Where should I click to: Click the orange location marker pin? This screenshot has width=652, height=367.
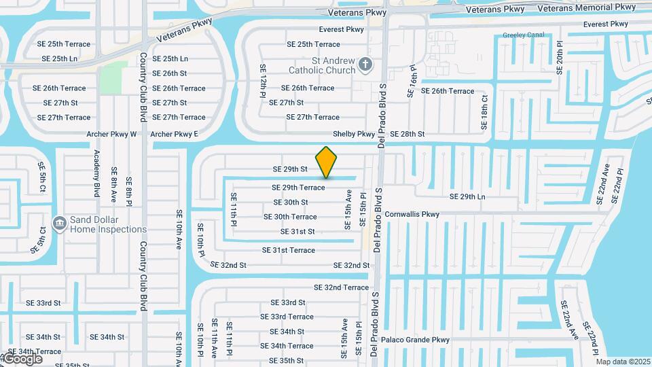pos(327,162)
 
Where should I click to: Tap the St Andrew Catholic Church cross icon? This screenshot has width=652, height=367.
pos(365,65)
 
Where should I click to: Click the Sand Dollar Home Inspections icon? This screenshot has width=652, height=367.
pos(59,222)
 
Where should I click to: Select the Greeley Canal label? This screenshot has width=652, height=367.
pos(523,35)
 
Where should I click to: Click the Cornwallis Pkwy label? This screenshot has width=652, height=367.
pos(412,214)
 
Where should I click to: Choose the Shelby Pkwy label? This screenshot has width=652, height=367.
pos(354,135)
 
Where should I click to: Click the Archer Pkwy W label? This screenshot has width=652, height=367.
pos(111,134)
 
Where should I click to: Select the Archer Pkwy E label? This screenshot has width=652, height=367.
pos(175,134)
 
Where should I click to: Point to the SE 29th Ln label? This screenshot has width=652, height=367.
pos(467,196)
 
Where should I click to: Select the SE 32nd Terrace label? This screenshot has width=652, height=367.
pos(337,287)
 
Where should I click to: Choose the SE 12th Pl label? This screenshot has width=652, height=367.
pos(263,81)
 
